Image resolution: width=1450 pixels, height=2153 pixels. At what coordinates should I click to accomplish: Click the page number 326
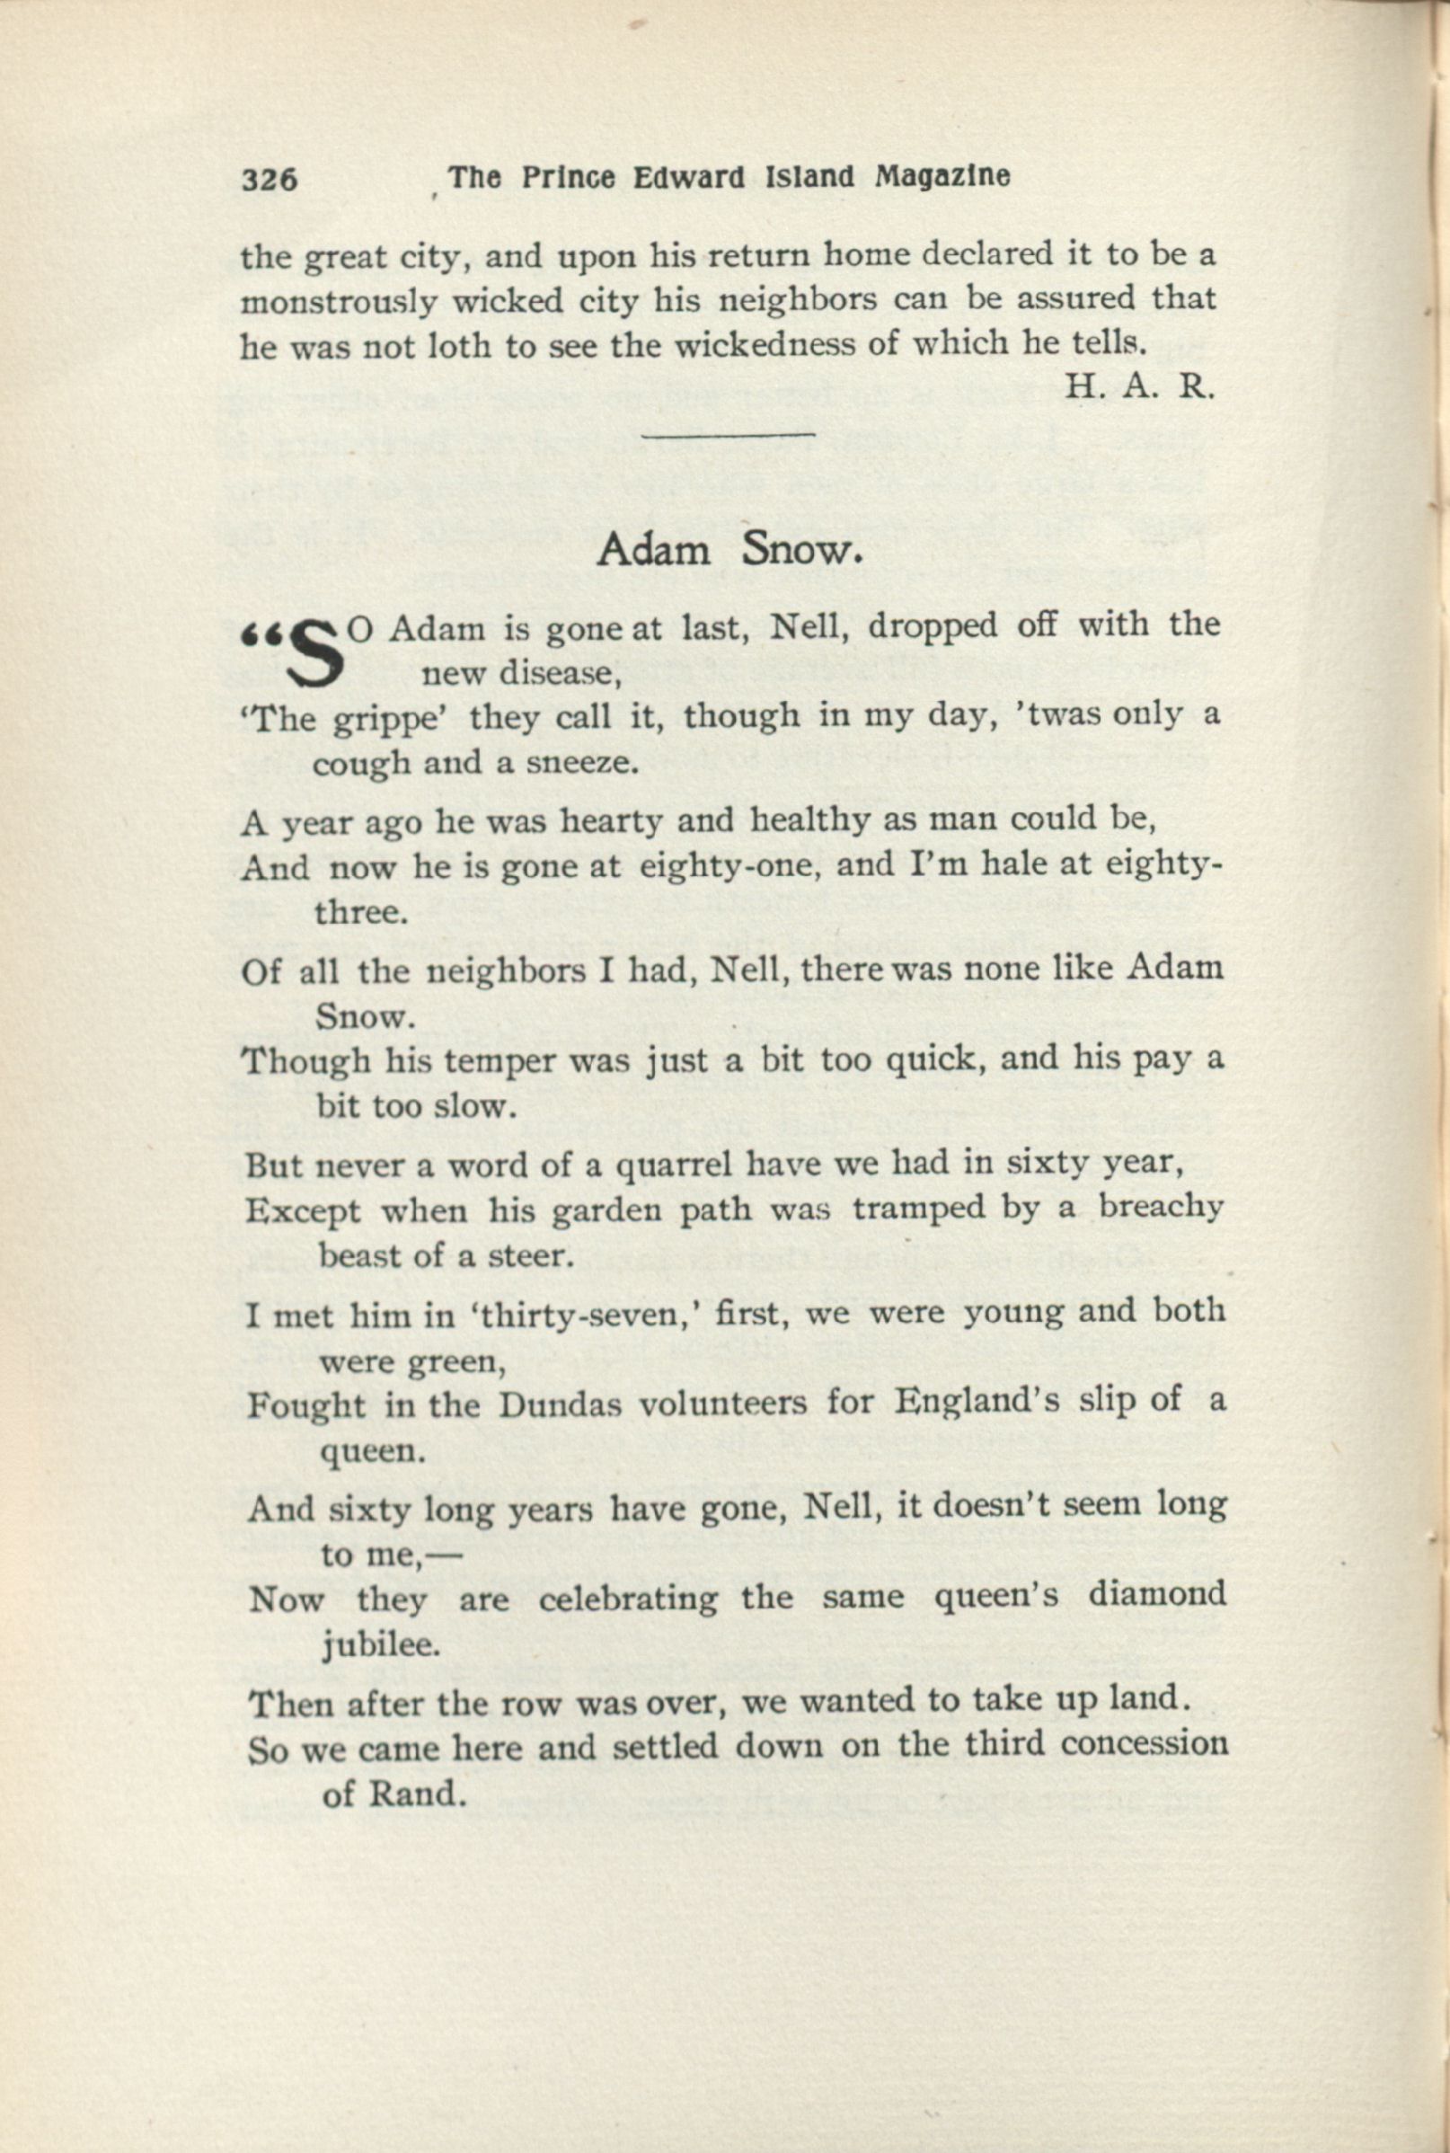click(270, 180)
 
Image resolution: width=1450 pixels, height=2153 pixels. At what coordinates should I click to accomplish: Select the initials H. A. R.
click(1138, 385)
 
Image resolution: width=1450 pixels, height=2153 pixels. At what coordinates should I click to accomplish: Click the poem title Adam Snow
click(730, 550)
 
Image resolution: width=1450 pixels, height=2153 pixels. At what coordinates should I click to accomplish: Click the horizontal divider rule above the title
click(729, 432)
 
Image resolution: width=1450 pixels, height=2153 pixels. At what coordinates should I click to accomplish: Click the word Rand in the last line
click(414, 1794)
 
